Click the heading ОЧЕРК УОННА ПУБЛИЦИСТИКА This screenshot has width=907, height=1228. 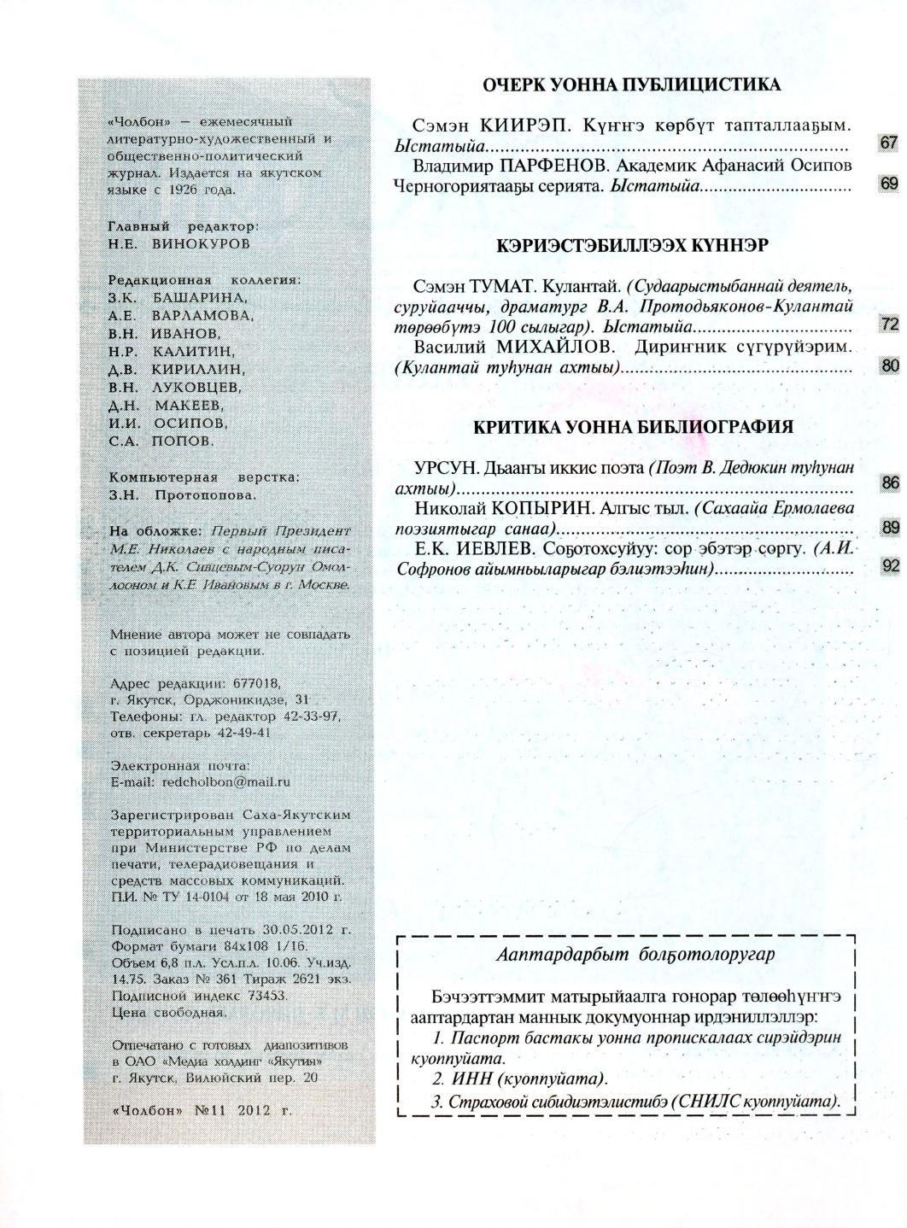point(631,85)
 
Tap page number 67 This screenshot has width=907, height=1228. point(888,143)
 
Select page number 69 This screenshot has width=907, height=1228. point(888,184)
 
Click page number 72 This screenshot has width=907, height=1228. point(889,325)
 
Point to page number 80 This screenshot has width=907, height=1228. point(889,366)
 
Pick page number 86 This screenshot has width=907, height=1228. point(889,483)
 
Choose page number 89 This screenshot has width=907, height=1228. point(889,528)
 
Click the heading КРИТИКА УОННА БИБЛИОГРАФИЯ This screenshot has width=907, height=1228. point(633,428)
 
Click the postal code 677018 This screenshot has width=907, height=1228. point(258,683)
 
